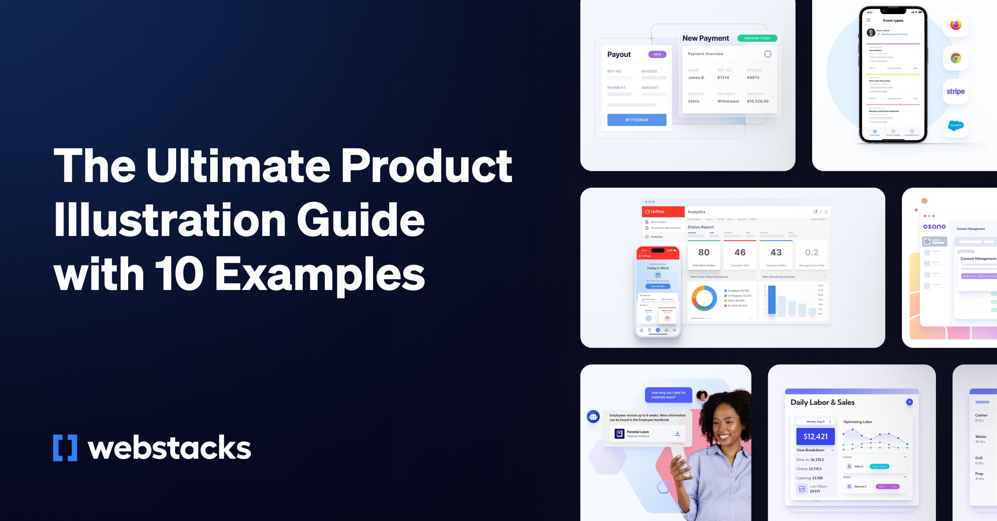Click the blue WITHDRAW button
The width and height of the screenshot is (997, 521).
click(636, 120)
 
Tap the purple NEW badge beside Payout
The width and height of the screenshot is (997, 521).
click(657, 54)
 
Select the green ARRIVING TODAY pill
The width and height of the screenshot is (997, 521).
click(757, 38)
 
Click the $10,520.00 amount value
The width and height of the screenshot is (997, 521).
click(758, 101)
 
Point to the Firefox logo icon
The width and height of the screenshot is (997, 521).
click(955, 25)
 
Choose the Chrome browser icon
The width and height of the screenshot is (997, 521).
click(955, 58)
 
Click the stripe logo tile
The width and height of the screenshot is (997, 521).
click(955, 91)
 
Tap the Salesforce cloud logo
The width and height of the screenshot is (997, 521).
click(955, 125)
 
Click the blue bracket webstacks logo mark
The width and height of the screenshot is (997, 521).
click(65, 448)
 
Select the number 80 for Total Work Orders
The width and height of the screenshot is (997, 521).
click(704, 252)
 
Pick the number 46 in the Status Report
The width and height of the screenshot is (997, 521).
click(740, 252)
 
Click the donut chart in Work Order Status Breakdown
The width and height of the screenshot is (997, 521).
click(704, 298)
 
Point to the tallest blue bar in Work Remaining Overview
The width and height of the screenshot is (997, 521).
click(772, 299)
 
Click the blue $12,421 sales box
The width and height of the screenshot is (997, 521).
click(815, 436)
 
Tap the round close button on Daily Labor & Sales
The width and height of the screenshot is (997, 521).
click(909, 402)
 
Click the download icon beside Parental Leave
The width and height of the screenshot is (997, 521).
click(677, 433)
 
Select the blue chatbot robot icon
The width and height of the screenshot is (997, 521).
click(593, 416)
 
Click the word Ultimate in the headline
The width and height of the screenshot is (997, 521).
click(238, 166)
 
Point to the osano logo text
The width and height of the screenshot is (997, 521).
click(934, 226)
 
